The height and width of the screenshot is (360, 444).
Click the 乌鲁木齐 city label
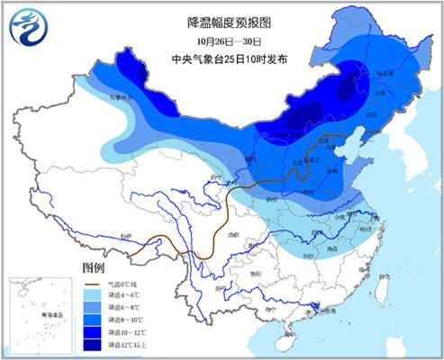pos(121,96)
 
